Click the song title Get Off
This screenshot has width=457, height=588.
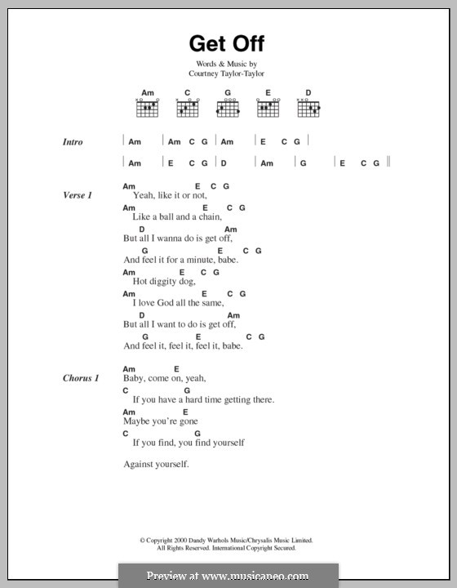coord(228,42)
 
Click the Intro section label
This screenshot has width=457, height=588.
coord(73,142)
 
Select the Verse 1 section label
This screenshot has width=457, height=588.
coord(78,196)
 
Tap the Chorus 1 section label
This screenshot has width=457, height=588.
coord(81,379)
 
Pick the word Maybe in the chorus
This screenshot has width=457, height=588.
coord(136,421)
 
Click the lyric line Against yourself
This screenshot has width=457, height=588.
coord(156,465)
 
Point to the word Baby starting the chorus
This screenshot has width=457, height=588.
coord(134,379)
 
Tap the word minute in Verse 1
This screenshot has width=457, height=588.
coord(196,260)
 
